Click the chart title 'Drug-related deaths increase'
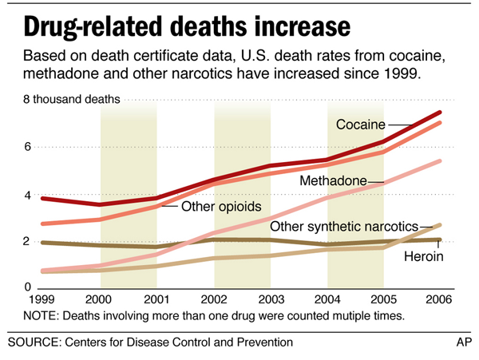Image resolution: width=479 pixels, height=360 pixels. pyautogui.click(x=186, y=26)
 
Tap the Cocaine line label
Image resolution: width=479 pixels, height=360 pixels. pyautogui.click(x=361, y=125)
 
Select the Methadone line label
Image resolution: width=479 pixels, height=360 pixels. pyautogui.click(x=333, y=181)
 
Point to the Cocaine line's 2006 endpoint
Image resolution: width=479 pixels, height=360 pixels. pyautogui.click(x=441, y=113)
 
